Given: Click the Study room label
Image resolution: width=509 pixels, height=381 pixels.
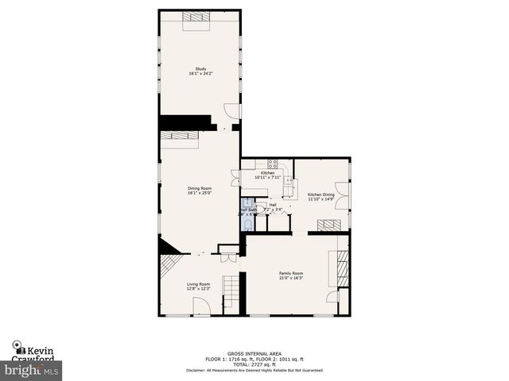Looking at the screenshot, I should pos(200,71).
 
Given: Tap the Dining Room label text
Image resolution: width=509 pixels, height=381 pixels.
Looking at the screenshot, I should pos(200,190).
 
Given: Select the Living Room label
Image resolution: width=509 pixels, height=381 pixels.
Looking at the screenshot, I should pos(198,286).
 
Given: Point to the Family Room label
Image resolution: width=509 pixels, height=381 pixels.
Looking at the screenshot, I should pos(290,275).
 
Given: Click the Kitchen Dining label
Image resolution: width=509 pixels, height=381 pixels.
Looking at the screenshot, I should pos(321,197).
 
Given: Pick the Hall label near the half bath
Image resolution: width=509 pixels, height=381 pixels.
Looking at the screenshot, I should pos(272,206).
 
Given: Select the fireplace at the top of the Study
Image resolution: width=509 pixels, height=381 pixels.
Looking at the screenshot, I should pos(197,21).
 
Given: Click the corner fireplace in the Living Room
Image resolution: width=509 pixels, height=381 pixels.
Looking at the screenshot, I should pos(169,249).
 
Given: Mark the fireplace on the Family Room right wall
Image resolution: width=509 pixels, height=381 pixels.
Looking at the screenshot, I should pos(341,268).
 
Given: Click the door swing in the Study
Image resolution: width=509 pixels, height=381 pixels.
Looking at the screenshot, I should pos(231,111).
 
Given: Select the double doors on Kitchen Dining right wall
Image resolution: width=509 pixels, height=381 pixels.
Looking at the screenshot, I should pos(348,194).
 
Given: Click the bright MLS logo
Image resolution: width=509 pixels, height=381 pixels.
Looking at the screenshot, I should pos(31,369).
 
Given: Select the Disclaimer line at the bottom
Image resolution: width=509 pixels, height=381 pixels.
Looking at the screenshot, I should pos(254,370).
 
